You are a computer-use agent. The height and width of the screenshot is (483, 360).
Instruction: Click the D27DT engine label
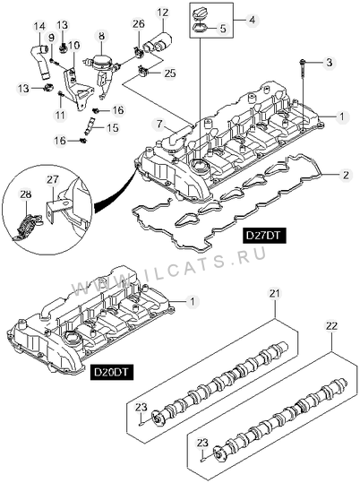click(264, 236)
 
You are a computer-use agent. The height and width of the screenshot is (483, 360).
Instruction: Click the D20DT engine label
click(111, 372)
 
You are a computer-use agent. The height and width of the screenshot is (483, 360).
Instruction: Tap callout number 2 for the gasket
click(346, 175)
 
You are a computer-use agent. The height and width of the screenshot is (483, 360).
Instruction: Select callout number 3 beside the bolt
click(330, 63)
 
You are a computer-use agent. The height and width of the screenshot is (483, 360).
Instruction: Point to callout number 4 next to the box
click(252, 20)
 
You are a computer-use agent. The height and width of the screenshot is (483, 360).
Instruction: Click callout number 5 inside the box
click(223, 29)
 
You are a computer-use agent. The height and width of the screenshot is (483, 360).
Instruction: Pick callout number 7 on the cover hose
click(159, 125)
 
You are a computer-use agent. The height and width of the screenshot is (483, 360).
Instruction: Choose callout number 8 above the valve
click(101, 36)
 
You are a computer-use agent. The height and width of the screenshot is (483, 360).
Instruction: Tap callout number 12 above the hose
click(163, 13)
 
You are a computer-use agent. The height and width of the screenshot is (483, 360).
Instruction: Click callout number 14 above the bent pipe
click(39, 26)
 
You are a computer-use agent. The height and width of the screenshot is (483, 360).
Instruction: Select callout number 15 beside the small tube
click(114, 127)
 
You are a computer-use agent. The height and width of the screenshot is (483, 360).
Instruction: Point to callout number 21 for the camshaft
click(275, 293)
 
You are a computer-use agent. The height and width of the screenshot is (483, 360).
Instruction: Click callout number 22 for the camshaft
click(331, 325)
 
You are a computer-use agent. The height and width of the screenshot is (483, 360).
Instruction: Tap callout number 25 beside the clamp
click(169, 73)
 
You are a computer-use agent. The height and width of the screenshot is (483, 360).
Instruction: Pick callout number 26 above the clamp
click(139, 23)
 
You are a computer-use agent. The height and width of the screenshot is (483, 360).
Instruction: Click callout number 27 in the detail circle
click(53, 179)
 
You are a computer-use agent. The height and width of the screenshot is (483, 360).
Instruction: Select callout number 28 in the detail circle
click(26, 194)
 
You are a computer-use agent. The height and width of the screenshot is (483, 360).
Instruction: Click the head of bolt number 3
click(302, 62)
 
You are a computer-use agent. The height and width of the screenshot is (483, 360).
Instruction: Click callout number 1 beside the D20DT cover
click(193, 301)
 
